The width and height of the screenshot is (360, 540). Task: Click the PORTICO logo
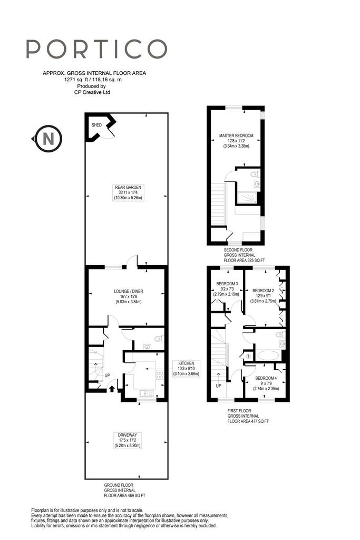click(96, 49)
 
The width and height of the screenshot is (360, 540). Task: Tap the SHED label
click(96, 125)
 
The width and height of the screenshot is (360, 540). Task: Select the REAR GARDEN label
click(128, 192)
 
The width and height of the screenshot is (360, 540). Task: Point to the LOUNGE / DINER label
click(129, 296)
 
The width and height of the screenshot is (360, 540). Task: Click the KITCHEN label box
click(186, 369)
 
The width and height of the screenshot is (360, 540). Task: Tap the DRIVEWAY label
click(128, 440)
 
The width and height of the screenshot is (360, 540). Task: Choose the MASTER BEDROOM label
click(236, 140)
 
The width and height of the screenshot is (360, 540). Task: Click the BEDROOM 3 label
click(227, 289)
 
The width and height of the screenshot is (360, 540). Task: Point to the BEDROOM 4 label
click(266, 383)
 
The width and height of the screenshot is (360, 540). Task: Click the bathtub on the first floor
click(268, 355)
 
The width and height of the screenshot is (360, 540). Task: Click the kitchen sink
click(147, 393)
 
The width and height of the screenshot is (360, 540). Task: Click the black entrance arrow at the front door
click(112, 389)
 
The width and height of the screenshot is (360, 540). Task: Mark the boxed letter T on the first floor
click(249, 356)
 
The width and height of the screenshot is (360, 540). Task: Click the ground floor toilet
click(159, 339)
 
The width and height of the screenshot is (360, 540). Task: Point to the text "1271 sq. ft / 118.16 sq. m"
click(93, 80)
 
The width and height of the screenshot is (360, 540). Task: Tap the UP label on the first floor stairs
click(219, 385)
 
